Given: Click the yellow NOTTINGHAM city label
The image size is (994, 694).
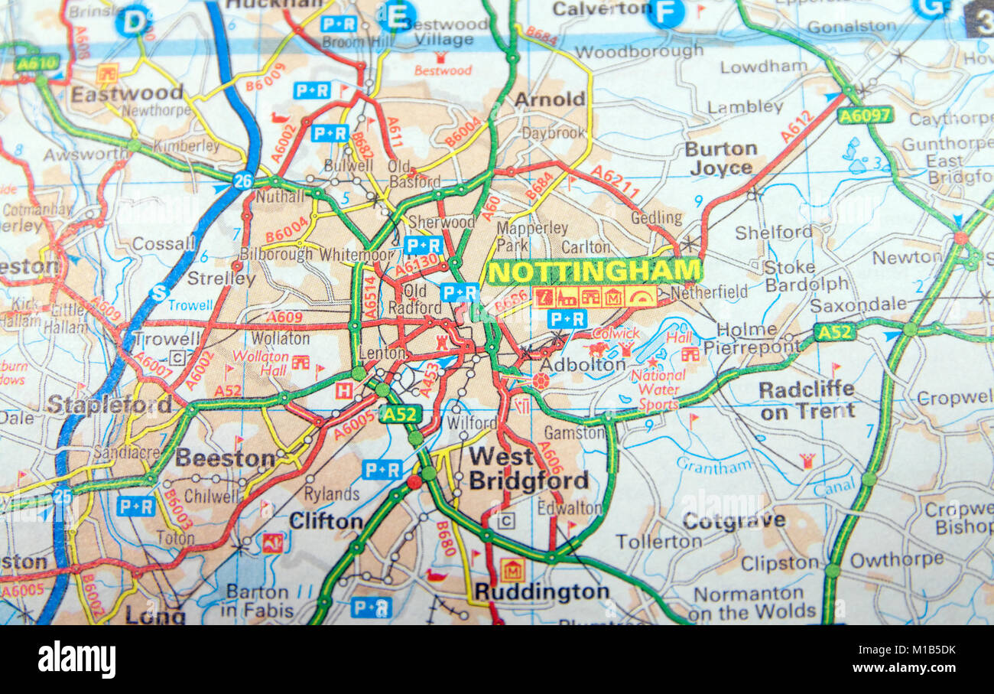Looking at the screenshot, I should click(x=594, y=271).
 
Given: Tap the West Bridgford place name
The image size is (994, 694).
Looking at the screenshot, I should click(x=528, y=468).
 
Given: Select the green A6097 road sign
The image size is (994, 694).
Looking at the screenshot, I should click(x=864, y=115).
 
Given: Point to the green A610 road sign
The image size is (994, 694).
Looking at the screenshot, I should click(x=37, y=63).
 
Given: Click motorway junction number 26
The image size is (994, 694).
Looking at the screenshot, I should click(x=243, y=181).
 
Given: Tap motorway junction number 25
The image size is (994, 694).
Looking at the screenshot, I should click(x=62, y=497).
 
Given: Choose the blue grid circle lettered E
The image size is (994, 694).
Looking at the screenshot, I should click(x=397, y=15).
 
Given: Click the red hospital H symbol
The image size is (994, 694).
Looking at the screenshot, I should click(x=344, y=390).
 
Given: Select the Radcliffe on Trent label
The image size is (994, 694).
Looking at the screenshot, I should click(x=806, y=399).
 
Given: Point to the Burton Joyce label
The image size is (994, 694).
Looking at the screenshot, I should click(x=720, y=158).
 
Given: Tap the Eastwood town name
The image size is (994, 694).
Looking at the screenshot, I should click(x=127, y=93).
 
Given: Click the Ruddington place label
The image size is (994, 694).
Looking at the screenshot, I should click(x=541, y=591).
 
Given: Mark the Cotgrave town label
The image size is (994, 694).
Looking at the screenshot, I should click(x=733, y=520).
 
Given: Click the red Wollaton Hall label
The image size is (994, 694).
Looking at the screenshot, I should click(x=260, y=363).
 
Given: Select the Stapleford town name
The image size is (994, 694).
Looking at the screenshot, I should click(x=109, y=404).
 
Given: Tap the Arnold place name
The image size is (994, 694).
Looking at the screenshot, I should click(x=549, y=99).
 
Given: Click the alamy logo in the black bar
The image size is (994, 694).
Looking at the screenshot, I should click(x=76, y=660).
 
